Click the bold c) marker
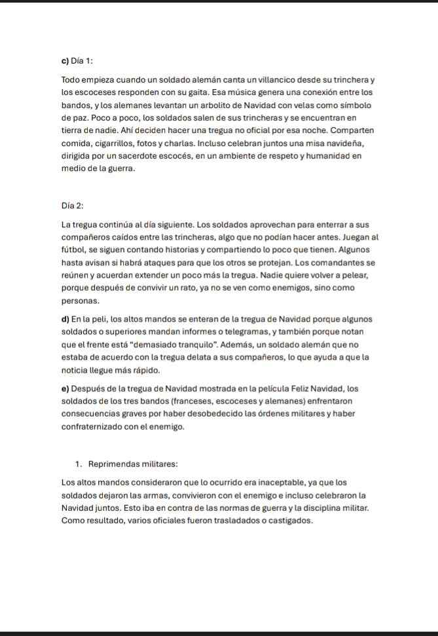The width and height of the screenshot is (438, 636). (65, 61)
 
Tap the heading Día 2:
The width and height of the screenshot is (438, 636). (72, 206)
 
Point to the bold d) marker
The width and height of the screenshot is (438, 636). (65, 319)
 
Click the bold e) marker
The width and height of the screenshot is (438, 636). (65, 388)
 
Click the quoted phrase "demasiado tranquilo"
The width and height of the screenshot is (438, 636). (158, 345)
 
